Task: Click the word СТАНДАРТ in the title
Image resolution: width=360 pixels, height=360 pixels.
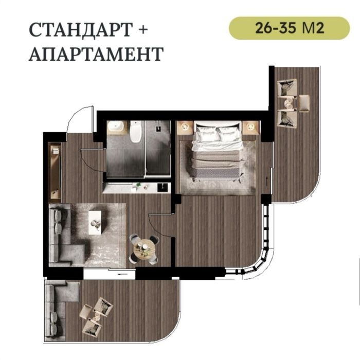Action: [x=81, y=30]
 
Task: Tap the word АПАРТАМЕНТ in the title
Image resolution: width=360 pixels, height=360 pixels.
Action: [x=96, y=54]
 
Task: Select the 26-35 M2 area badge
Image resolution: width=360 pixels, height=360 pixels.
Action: [x=289, y=28]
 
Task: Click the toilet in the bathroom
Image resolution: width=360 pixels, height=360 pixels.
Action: [x=135, y=132]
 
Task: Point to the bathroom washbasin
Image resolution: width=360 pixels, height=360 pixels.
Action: [x=116, y=128]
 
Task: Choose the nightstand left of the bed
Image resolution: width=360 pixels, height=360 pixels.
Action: [x=185, y=128]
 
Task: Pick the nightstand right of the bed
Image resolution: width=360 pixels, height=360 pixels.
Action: [x=251, y=128]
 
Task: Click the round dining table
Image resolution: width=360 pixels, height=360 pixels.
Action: [x=145, y=249]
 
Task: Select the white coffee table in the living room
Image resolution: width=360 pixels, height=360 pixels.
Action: [x=95, y=223]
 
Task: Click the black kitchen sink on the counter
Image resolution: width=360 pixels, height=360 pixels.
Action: [x=163, y=187]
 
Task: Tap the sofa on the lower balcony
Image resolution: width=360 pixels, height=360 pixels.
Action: [x=59, y=311]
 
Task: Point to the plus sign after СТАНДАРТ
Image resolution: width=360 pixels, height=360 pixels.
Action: [x=143, y=30]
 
